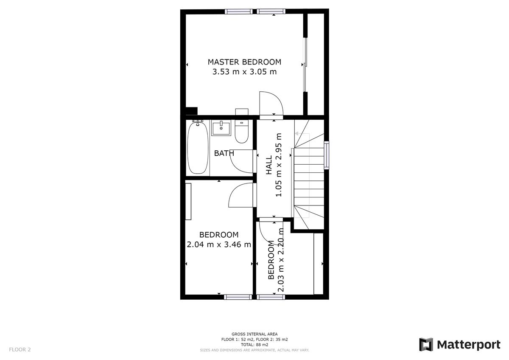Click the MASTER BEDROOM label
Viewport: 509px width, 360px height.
pyautogui.click(x=244, y=62)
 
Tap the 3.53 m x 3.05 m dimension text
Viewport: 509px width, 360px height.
pyautogui.click(x=244, y=72)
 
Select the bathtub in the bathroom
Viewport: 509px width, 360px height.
pyautogui.click(x=198, y=147)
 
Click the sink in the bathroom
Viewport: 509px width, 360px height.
pyautogui.click(x=221, y=128)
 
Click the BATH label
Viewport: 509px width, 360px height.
pyautogui.click(x=224, y=153)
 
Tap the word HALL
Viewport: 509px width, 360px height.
pyautogui.click(x=269, y=166)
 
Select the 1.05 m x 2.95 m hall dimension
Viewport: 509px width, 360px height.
pyautogui.click(x=279, y=166)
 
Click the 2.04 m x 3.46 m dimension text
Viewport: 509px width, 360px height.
pyautogui.click(x=219, y=245)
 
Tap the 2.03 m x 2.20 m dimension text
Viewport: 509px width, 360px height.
pyautogui.click(x=280, y=260)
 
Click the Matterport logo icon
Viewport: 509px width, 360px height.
pyautogui.click(x=426, y=345)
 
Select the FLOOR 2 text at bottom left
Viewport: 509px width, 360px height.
pyautogui.click(x=20, y=350)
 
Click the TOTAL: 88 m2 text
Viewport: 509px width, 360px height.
pyautogui.click(x=255, y=345)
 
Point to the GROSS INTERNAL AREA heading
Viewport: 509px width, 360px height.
pyautogui.click(x=255, y=335)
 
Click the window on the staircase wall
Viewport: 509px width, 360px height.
pyautogui.click(x=326, y=155)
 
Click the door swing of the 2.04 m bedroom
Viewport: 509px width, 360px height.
pyautogui.click(x=241, y=195)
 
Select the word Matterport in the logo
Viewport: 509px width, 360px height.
pyautogui.click(x=468, y=345)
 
